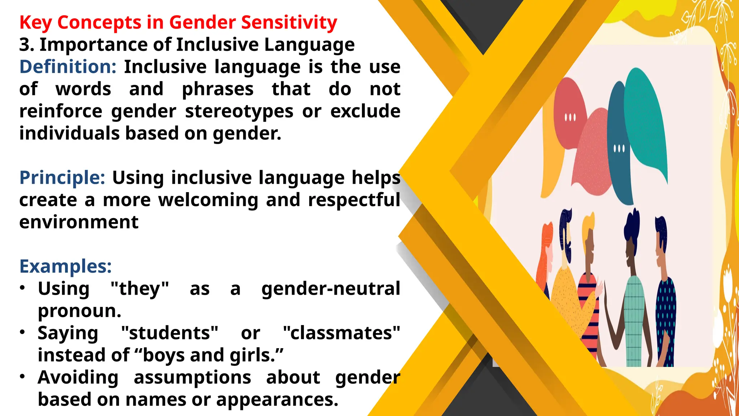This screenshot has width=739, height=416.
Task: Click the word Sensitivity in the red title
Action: pos(289,23)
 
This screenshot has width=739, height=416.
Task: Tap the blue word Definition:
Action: pos(68,67)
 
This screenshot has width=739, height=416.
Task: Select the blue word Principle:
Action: pos(62,178)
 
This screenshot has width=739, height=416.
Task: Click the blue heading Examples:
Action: pos(65,266)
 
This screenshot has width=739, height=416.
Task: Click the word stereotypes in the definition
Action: pos(239,112)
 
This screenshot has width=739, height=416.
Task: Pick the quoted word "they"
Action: pos(140,289)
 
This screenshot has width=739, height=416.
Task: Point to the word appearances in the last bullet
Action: pos(277,400)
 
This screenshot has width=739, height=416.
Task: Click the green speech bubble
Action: pos(646,123)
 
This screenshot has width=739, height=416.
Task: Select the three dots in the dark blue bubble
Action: pos(619,148)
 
